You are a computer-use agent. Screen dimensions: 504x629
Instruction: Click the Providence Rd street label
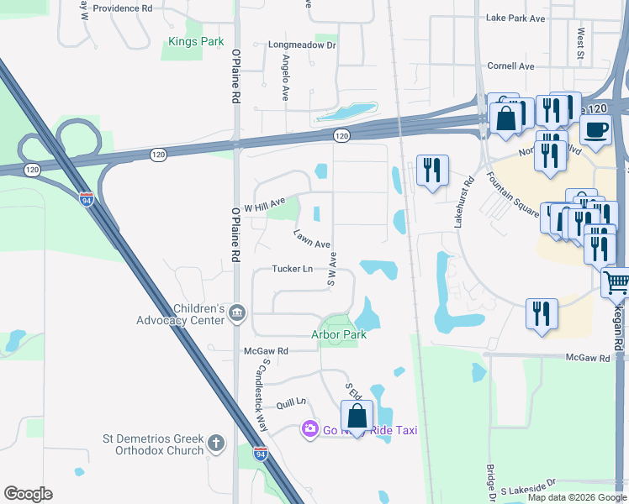tap(122, 8)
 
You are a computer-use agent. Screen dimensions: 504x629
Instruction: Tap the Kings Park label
tap(195, 41)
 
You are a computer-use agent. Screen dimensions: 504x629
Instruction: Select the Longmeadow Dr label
tap(302, 45)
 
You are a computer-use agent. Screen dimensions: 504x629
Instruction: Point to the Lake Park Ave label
tap(515, 18)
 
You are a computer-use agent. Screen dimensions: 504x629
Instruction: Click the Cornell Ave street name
tap(511, 66)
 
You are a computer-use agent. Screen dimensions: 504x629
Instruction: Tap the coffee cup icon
tap(596, 130)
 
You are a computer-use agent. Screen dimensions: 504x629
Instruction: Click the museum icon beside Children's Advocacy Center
tap(237, 314)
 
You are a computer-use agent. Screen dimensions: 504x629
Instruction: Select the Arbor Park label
tap(339, 334)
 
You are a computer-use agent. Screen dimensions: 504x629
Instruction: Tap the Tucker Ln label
tap(292, 269)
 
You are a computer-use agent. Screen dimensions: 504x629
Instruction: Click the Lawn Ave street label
tap(311, 239)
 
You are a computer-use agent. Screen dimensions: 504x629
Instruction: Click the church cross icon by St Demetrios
tap(216, 444)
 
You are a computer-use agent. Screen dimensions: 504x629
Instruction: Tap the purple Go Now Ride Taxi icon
tap(310, 430)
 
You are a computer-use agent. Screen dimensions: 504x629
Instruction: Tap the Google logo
tap(27, 494)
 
